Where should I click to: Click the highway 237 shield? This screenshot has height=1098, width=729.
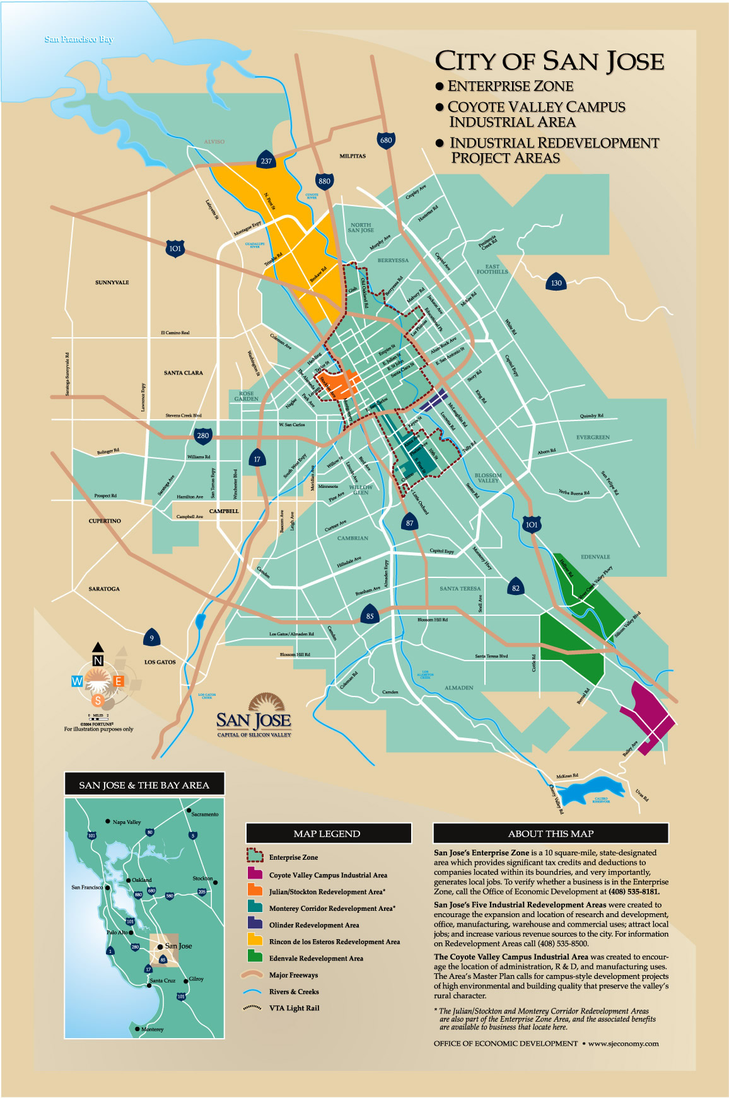tap(266, 161)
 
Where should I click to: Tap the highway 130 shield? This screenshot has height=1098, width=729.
tap(556, 282)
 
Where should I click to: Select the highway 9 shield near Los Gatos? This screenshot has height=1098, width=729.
tap(151, 638)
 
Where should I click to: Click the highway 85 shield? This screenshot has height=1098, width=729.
tap(370, 616)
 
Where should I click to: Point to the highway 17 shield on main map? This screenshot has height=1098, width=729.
tap(257, 459)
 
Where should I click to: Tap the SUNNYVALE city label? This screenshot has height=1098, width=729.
tap(112, 282)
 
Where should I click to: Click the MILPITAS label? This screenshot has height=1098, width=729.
tap(353, 156)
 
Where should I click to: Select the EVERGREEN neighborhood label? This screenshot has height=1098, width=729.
tap(593, 437)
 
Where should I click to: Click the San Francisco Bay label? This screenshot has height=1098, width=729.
tap(79, 39)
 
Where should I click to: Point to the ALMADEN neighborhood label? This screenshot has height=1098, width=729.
tap(458, 688)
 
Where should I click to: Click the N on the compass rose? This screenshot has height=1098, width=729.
tap(98, 661)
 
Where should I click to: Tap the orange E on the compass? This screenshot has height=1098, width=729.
tap(118, 681)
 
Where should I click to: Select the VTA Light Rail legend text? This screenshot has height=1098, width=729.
tap(294, 1008)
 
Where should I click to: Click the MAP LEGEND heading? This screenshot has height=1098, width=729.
tap(327, 833)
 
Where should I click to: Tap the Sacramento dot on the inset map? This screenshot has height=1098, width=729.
tap(189, 810)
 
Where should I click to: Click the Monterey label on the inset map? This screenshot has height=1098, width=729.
tap(152, 1029)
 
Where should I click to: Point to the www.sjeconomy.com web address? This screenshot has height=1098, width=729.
tap(623, 1043)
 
